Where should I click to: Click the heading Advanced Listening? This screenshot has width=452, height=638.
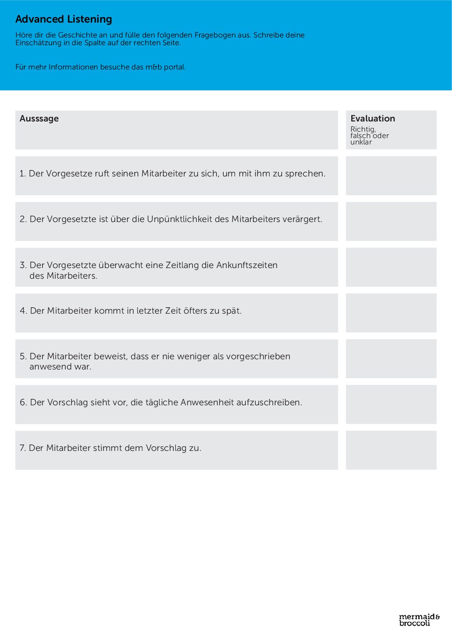[x=64, y=19]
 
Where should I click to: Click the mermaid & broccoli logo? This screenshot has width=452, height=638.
[x=419, y=620]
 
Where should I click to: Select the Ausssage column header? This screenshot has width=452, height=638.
[x=39, y=118]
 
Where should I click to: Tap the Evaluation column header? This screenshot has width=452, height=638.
[x=373, y=118]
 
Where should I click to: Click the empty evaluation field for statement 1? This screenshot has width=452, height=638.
[x=391, y=176]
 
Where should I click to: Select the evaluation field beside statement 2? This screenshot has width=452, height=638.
[x=391, y=221]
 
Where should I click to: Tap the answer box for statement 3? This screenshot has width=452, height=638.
[x=391, y=267]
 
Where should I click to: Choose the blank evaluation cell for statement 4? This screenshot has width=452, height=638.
[x=391, y=313]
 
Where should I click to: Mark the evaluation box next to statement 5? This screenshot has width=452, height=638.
[x=391, y=358]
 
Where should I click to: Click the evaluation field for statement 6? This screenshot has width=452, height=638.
[x=391, y=404]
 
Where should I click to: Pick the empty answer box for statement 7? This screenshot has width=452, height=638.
[x=391, y=450]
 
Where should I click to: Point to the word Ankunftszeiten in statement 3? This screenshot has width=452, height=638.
[x=247, y=265]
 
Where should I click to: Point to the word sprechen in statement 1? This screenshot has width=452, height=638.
[x=305, y=173]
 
